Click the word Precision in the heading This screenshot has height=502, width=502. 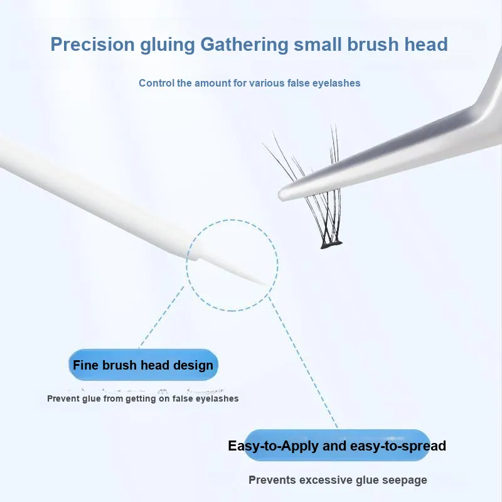(92, 44)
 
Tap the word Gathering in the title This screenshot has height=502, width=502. (244, 45)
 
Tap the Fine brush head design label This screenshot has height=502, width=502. (143, 365)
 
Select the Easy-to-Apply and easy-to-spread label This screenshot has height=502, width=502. (337, 446)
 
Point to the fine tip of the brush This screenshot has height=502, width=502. (266, 285)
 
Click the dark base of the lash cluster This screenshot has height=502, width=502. (331, 245)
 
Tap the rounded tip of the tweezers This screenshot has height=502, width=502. (282, 195)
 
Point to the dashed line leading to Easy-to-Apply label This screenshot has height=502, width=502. (303, 363)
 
